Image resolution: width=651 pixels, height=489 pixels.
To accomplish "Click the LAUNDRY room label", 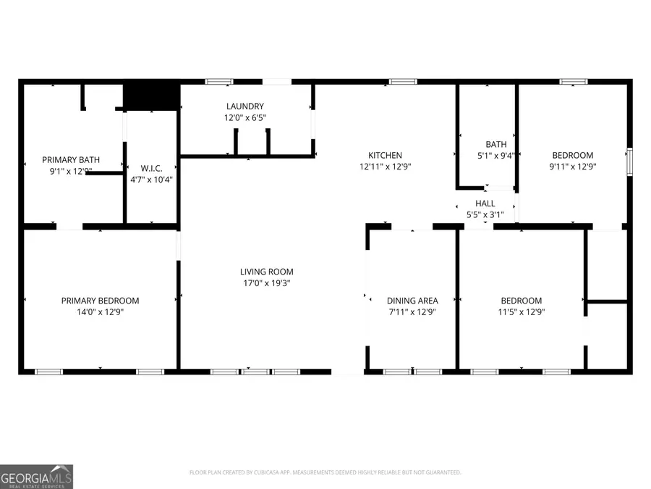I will click(x=244, y=106).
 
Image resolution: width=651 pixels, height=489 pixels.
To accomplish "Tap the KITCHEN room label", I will click(x=385, y=155).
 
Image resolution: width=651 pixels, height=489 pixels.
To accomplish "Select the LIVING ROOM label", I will click(x=266, y=272).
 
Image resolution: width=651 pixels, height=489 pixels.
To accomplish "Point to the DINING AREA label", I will click(x=412, y=301).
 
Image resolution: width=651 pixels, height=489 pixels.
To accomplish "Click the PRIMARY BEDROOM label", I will click(x=100, y=301).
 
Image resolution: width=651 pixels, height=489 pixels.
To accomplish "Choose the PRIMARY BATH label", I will click(x=71, y=160).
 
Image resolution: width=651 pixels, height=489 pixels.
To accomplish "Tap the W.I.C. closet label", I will click(x=152, y=167).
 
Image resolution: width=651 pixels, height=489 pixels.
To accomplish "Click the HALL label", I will click(x=485, y=204).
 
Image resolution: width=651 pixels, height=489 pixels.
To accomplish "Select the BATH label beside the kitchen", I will click(x=496, y=144).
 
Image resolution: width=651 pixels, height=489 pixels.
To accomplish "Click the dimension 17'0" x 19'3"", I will click(x=266, y=283).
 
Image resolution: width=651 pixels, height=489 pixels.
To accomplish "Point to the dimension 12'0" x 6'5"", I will click(x=244, y=117).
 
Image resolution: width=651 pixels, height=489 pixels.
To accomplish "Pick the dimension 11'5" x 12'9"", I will click(x=522, y=312).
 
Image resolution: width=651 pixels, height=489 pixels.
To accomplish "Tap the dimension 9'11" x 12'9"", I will click(x=573, y=167).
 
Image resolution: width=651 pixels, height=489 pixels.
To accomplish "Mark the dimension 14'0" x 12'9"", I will click(x=100, y=312).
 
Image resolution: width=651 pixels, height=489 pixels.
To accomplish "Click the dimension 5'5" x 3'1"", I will click(x=485, y=215).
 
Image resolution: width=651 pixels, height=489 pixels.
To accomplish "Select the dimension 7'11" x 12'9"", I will click(x=412, y=312).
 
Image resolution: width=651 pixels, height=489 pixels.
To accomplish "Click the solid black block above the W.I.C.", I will click(x=151, y=97).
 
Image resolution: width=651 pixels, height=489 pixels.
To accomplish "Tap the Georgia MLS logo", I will click(x=36, y=477).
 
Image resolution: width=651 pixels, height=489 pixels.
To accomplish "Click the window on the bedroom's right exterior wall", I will click(x=629, y=162).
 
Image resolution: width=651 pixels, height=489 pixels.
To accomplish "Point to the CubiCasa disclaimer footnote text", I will click(x=325, y=472).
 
